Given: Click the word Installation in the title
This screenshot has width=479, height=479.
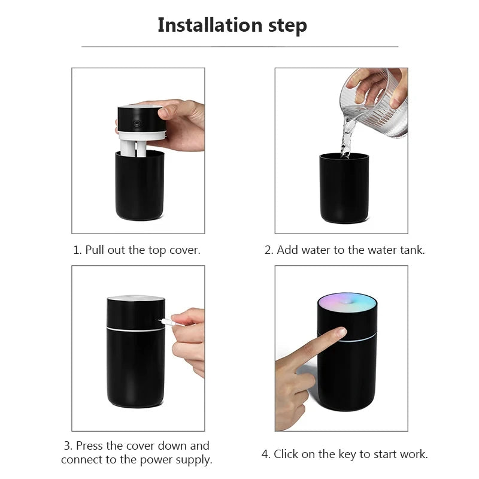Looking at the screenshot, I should [x=210, y=25].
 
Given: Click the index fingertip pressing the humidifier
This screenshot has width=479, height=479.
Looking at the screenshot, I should [x=340, y=332].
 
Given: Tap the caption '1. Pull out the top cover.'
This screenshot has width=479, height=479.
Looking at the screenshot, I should [x=137, y=250].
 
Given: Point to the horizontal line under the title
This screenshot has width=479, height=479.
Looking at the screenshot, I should [x=239, y=47].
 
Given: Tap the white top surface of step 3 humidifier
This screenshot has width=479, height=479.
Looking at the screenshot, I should [x=135, y=299].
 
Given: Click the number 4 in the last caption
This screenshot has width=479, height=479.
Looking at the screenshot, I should [x=265, y=454].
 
